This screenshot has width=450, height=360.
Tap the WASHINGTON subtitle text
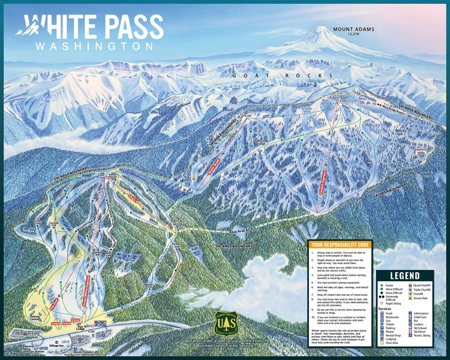click(x=94, y=46)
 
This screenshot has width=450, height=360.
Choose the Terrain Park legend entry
click(x=419, y=298)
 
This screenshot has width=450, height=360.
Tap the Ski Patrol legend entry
click(x=419, y=339)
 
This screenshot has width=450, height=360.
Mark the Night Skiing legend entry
click(x=393, y=304)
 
